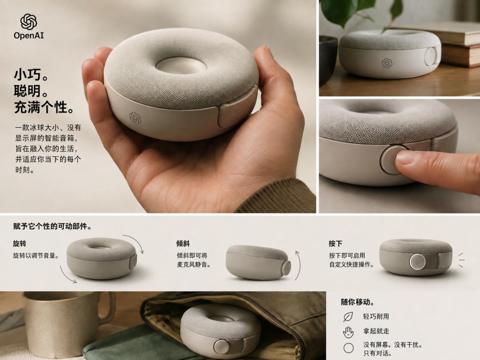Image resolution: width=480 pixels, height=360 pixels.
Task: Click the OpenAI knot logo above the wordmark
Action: pyautogui.click(x=28, y=21)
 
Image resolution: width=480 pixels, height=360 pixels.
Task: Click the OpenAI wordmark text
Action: pyautogui.click(x=29, y=36)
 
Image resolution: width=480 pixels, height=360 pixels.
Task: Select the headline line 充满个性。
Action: pyautogui.click(x=44, y=108)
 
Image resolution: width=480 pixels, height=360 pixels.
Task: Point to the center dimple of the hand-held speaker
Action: pyautogui.click(x=181, y=65)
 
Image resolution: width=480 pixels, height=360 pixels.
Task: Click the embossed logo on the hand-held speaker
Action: pyautogui.click(x=135, y=118)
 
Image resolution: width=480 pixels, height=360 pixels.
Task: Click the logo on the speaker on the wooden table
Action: pyautogui.click(x=387, y=63)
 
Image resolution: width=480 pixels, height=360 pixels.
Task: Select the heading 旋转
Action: pyautogui.click(x=20, y=244)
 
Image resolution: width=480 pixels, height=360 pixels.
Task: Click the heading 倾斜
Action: pyautogui.click(x=183, y=244)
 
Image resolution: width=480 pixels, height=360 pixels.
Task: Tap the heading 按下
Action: pyautogui.click(x=335, y=244)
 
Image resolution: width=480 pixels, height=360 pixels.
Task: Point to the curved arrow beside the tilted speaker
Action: pyautogui.click(x=300, y=265)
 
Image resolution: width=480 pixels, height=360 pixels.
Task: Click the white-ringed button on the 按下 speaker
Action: pyautogui.click(x=417, y=262)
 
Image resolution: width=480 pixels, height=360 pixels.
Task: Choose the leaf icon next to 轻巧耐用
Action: pyautogui.click(x=348, y=317)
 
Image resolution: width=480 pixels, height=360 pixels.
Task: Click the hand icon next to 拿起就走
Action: pyautogui.click(x=348, y=332)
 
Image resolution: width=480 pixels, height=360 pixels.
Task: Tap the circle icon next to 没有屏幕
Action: pyautogui.click(x=348, y=348)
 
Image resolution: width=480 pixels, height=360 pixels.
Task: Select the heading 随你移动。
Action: pyautogui.click(x=358, y=302)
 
